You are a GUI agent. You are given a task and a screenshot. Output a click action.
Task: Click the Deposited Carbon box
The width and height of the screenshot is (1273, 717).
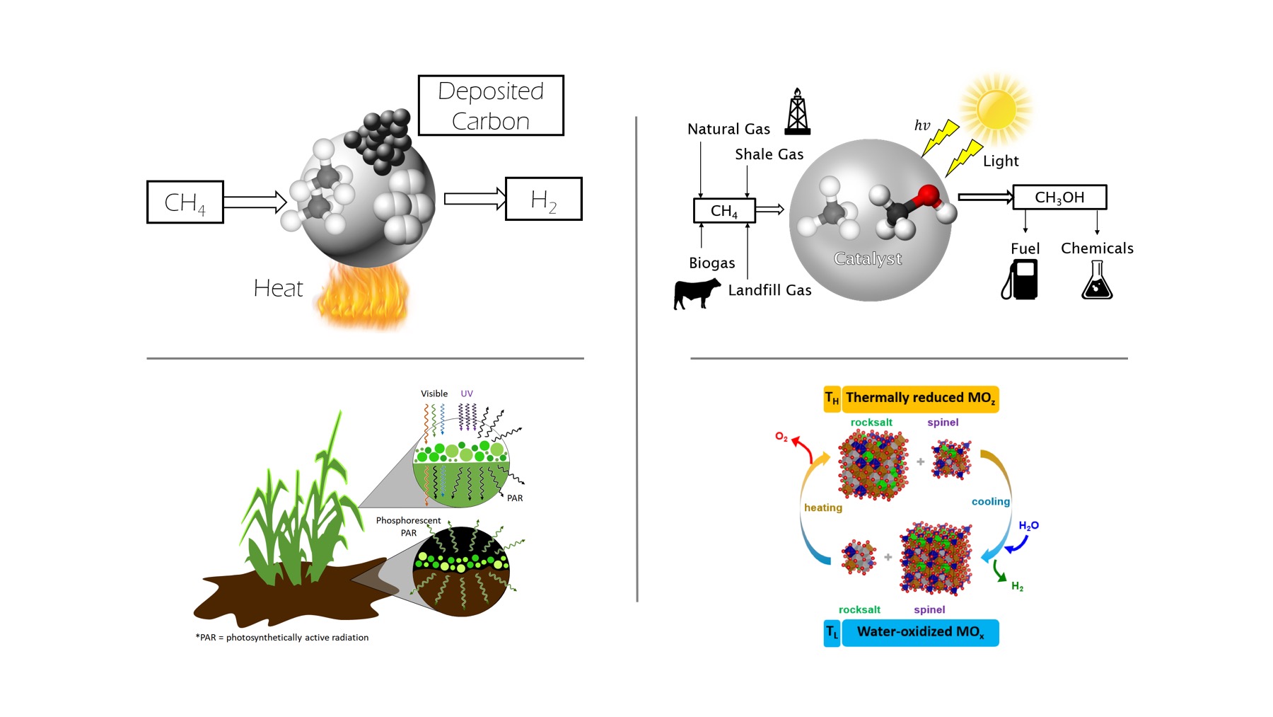click(491, 105)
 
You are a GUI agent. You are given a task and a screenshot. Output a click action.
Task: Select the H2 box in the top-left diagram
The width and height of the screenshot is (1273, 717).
click(543, 200)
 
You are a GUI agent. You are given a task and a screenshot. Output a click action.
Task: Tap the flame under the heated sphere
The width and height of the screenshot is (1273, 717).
click(363, 297)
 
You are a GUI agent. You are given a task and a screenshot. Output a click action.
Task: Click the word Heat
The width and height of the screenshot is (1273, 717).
click(278, 289)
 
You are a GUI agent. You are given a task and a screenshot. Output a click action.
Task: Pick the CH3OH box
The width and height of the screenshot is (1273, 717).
click(1059, 197)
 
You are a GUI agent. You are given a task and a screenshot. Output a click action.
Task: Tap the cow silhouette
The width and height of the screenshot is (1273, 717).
click(696, 293)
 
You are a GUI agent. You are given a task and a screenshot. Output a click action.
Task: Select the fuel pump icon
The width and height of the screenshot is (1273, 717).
click(1020, 280)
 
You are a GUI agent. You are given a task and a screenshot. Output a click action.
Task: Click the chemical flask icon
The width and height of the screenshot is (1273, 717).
click(1097, 280)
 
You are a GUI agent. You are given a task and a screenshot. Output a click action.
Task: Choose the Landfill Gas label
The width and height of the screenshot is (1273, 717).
click(769, 290)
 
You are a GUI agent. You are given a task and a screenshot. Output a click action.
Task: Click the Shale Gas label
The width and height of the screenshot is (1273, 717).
click(769, 154)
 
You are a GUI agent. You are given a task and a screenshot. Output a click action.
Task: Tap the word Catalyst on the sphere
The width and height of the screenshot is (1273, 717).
click(868, 259)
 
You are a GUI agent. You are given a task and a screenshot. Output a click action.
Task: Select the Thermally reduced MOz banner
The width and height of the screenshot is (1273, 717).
click(920, 398)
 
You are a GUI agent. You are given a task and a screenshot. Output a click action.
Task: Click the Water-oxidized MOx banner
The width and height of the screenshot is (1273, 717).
click(920, 632)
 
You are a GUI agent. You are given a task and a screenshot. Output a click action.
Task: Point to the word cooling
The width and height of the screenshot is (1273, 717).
click(990, 502)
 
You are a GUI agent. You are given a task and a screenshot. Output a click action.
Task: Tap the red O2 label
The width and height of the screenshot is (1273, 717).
click(781, 437)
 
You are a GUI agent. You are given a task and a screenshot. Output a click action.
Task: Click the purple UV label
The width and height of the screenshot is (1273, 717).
click(467, 394)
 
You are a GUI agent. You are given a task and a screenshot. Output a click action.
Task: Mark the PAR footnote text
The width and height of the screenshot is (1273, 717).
click(282, 638)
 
